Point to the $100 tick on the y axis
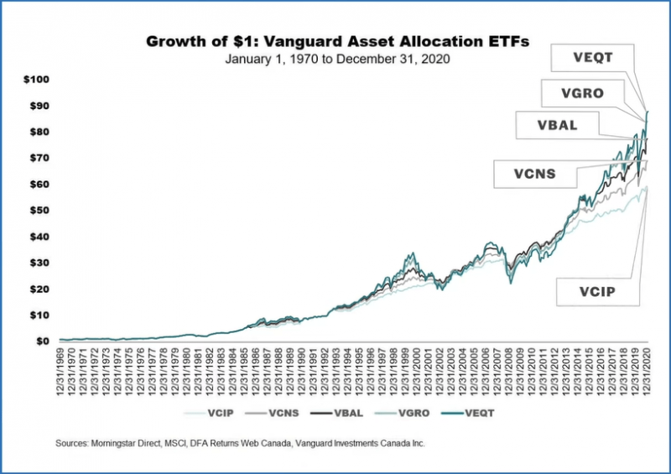(x=38, y=80)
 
